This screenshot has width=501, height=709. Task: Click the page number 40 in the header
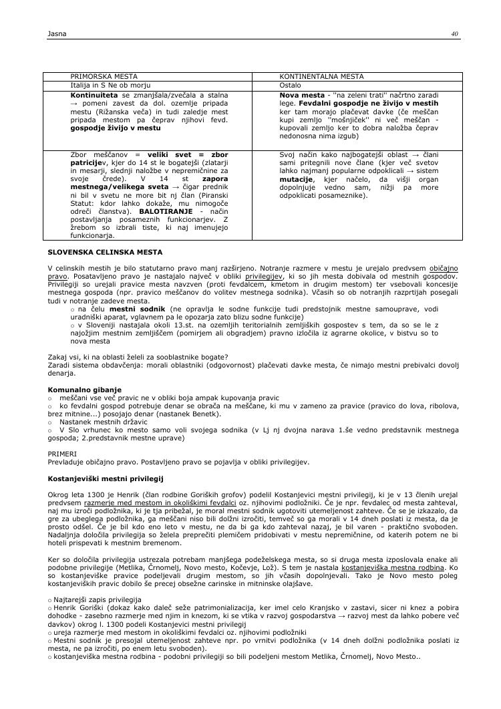[x=454, y=33]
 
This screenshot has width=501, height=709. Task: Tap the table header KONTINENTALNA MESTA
[x=312, y=77]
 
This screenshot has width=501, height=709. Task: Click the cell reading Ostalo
[x=290, y=86]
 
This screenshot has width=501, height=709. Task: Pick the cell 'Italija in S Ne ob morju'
[x=106, y=86]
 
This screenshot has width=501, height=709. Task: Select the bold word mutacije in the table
[x=296, y=180]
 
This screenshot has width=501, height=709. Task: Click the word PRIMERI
[x=62, y=453]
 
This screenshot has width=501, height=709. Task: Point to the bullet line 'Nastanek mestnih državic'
[x=98, y=422]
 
